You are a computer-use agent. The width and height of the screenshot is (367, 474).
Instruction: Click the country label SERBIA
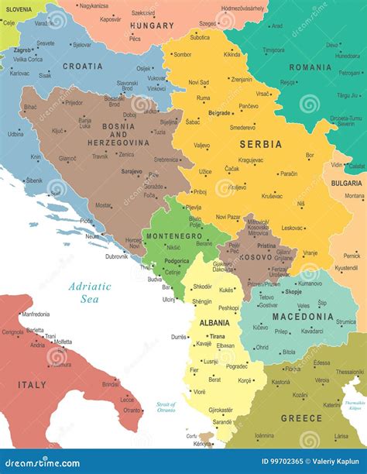coord(260,145)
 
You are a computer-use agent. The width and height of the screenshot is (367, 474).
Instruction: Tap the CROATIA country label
coord(83,67)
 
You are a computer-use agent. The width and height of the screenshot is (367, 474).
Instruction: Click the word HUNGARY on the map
coord(153,26)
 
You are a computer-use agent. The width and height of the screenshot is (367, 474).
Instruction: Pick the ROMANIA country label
coord(310,67)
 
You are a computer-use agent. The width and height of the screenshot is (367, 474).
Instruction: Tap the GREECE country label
coord(301,418)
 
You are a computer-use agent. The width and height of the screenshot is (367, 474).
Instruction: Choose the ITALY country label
coord(32,384)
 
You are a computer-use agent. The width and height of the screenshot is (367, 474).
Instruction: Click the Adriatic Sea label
coord(90,292)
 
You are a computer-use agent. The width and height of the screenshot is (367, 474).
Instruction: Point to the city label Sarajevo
coord(132,171)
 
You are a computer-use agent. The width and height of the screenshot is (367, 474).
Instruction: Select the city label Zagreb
coord(22,50)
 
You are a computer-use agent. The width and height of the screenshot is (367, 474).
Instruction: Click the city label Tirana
coord(218,336)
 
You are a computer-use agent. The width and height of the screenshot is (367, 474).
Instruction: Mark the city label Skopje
coord(293,292)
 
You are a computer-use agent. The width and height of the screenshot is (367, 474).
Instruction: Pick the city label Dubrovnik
coord(117,256)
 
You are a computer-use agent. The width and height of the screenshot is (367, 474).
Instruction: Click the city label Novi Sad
coord(199,82)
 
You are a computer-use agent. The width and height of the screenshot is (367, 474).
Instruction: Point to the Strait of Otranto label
coord(166,407)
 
